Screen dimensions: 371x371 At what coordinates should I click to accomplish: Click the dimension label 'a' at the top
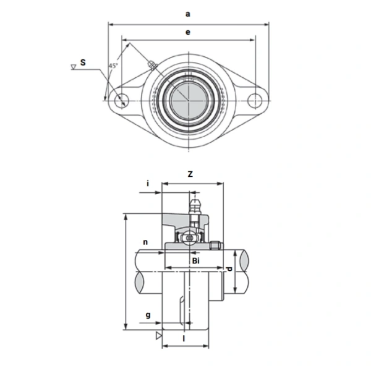(x=187, y=12)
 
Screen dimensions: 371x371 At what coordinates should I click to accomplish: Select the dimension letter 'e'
(x=187, y=32)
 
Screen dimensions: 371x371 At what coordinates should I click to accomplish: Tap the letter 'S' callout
(x=83, y=62)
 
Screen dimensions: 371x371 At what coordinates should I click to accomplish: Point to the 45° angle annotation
(x=113, y=66)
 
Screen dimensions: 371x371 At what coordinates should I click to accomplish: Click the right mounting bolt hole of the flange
(x=254, y=98)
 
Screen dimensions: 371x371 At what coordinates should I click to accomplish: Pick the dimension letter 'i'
(x=148, y=183)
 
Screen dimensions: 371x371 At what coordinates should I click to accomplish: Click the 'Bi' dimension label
(x=195, y=262)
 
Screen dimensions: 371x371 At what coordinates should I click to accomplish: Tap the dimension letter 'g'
(x=148, y=315)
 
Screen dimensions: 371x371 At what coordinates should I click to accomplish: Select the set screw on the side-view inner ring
(x=216, y=245)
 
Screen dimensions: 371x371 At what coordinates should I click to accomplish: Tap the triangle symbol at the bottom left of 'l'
(x=159, y=335)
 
